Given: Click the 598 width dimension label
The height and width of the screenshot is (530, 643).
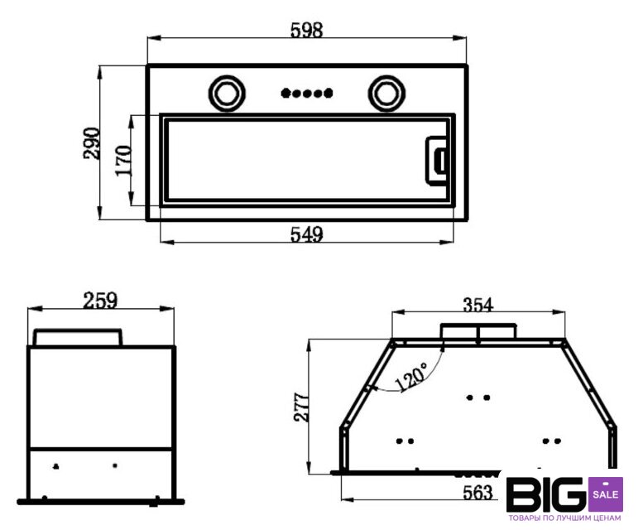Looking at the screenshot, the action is pos(307,30).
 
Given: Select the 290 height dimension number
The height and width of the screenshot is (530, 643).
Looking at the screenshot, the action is pos(92,143).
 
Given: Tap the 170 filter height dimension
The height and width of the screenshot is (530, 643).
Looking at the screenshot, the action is pos(123,161).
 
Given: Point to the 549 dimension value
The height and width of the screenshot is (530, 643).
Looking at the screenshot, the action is pos(307,234).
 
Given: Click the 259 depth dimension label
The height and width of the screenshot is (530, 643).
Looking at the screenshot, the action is pos(100,301).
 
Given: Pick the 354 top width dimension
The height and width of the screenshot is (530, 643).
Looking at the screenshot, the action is pos(478,305).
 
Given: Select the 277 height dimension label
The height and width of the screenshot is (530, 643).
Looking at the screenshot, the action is pos(301,407).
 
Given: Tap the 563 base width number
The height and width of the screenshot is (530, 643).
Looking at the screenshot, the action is pos(477,492).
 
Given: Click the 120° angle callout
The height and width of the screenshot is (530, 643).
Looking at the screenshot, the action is pos(411,377).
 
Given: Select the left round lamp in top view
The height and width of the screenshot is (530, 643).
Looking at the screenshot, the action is pos(228,93).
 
